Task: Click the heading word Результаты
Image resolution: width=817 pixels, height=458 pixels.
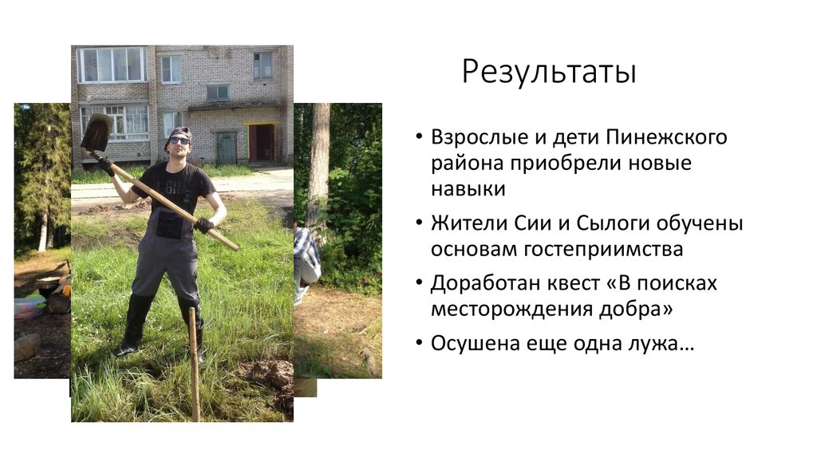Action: click(550, 73)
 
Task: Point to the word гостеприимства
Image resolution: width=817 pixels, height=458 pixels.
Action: click(603, 249)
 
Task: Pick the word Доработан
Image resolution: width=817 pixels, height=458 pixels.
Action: click(481, 283)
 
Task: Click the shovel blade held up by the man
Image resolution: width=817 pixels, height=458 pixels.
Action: click(96, 132)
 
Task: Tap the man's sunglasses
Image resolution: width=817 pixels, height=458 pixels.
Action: click(180, 140)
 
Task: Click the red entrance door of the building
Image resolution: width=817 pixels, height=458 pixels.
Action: click(261, 143)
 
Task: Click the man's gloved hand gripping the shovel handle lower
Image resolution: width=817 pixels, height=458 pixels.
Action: click(204, 225)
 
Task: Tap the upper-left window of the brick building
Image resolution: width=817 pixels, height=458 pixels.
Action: click(111, 65)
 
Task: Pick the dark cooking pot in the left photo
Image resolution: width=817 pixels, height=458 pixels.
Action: click(48, 286)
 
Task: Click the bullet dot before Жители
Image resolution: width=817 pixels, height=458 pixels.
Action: click(420, 224)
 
